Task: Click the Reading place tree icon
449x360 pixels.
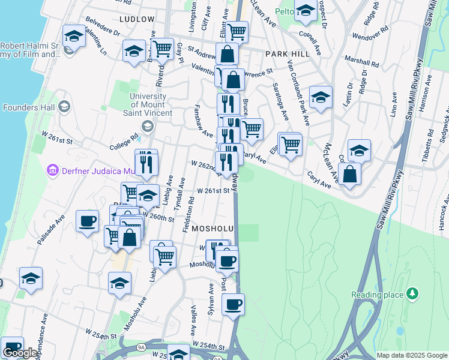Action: [412, 293]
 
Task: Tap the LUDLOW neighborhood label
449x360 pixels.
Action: [137, 19]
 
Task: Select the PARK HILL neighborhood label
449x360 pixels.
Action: [287, 53]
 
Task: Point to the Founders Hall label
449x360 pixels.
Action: [29, 107]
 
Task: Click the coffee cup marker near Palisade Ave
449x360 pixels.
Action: [88, 221]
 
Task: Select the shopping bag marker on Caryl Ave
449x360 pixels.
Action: [349, 174]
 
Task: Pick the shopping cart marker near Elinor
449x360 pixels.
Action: [291, 144]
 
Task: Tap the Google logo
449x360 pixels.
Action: [20, 353]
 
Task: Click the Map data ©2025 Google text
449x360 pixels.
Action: [412, 355]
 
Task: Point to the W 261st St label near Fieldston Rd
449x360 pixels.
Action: [214, 191]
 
